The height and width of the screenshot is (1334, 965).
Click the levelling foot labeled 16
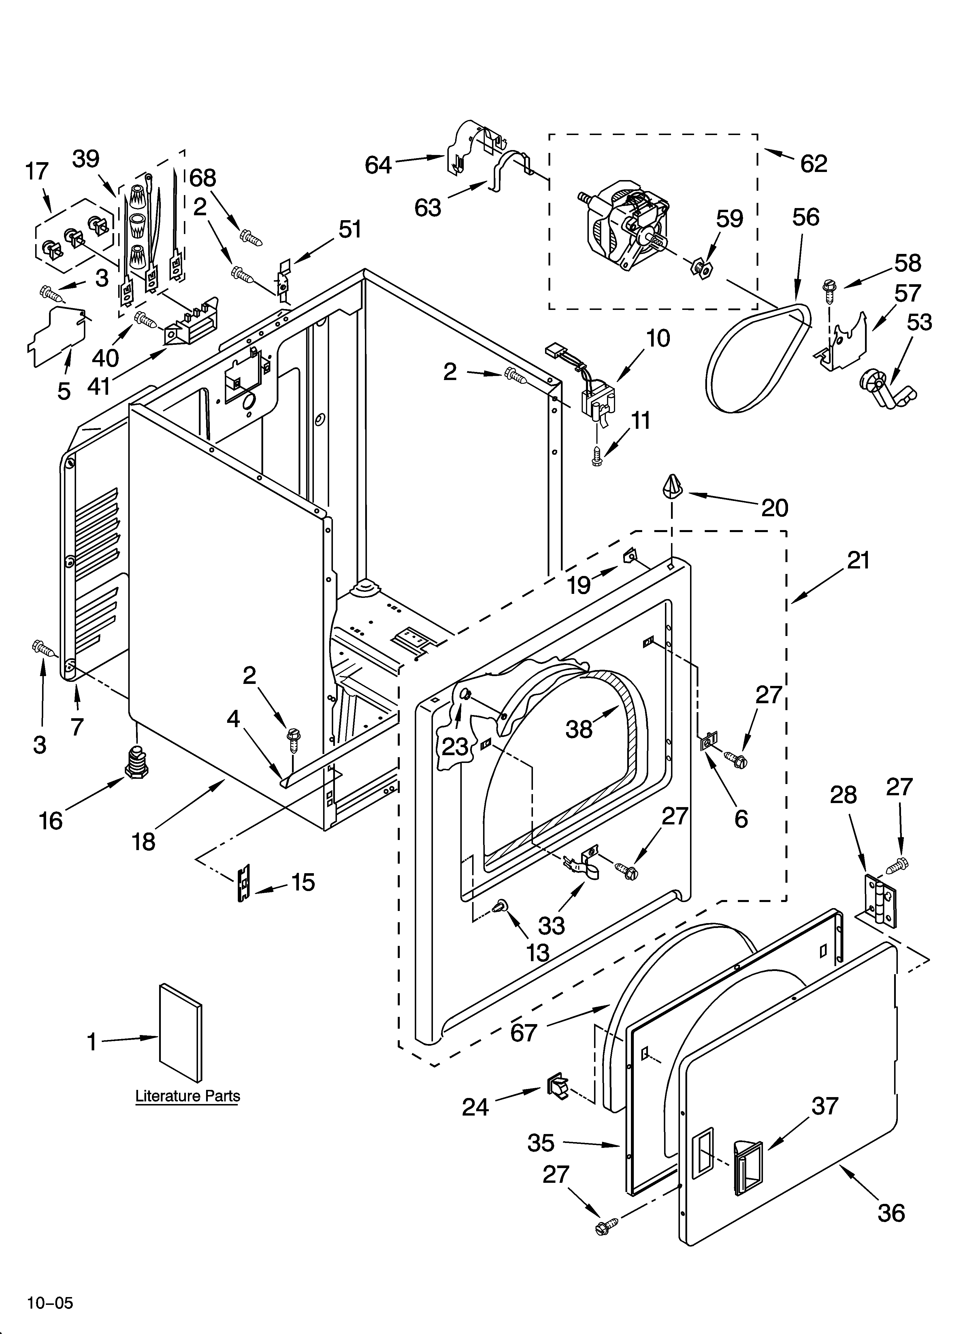pos(136,762)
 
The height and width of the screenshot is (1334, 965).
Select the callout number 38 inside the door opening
pos(579,729)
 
